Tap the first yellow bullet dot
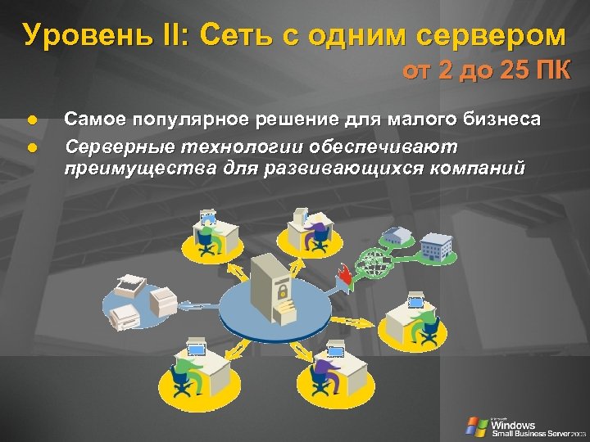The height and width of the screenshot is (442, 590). point(30,120)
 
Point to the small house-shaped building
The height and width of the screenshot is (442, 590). point(399,236)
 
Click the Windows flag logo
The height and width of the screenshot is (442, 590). point(475,426)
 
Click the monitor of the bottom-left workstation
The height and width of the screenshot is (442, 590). point(196,351)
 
